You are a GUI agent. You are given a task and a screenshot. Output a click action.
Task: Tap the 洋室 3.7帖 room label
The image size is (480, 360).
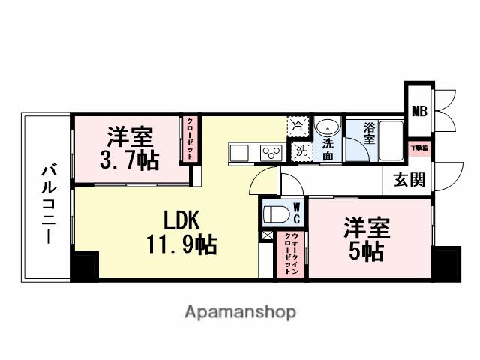click(x=129, y=149)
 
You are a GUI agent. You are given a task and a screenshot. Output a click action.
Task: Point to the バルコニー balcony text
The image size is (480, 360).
click(x=46, y=202)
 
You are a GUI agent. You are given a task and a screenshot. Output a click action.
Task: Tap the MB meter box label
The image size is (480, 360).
click(x=418, y=112)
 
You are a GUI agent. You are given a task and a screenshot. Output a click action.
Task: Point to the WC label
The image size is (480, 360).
click(x=296, y=212)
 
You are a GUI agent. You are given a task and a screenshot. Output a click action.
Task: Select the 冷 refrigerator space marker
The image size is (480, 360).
click(x=298, y=126)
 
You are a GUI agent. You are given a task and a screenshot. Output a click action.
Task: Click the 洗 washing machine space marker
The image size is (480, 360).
click(x=299, y=149)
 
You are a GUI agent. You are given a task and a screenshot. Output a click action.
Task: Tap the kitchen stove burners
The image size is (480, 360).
click(x=270, y=153)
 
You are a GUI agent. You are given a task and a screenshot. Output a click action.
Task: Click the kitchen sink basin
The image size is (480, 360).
click(x=239, y=152)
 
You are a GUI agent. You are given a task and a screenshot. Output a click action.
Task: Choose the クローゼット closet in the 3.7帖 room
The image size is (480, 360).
click(x=190, y=139)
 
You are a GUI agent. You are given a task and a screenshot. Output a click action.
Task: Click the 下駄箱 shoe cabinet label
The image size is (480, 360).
click(x=418, y=148)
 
